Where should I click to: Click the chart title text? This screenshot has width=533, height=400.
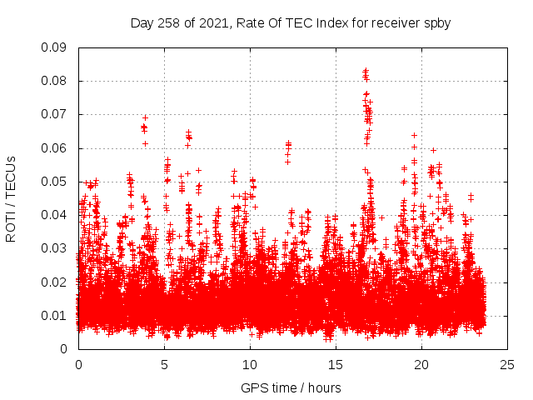[291, 22]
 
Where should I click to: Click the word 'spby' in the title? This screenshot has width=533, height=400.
[438, 22]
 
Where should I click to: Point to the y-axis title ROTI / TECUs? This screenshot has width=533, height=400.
[12, 197]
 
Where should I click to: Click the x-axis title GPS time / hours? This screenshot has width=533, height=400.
[291, 387]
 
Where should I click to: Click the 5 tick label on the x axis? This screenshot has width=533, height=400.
[164, 364]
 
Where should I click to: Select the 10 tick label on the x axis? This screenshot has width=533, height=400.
[250, 364]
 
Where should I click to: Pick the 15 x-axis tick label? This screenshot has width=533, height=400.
[336, 364]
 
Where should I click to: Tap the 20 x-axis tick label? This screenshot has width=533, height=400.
[421, 364]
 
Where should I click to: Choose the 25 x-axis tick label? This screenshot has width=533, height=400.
[507, 364]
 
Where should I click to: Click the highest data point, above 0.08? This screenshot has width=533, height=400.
[365, 71]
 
